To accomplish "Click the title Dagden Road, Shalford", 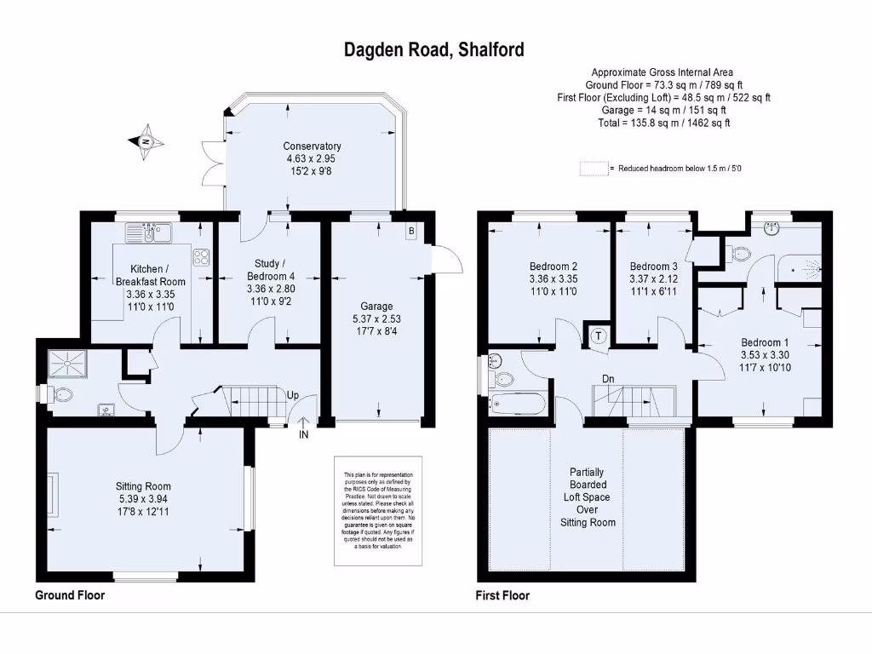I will [x=433, y=49].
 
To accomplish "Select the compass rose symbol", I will [x=146, y=141].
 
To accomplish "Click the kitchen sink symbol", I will [x=148, y=232].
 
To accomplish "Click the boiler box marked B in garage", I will [x=411, y=231].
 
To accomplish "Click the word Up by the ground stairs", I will [x=293, y=396].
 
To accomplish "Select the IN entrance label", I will [x=303, y=435].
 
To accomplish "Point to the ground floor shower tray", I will [x=65, y=363].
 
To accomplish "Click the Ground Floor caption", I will [x=70, y=595].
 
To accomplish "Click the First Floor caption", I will [x=502, y=596].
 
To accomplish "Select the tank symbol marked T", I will [x=599, y=336].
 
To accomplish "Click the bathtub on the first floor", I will [x=520, y=403].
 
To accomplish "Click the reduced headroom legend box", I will [x=594, y=169].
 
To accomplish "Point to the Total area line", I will [x=663, y=123].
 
